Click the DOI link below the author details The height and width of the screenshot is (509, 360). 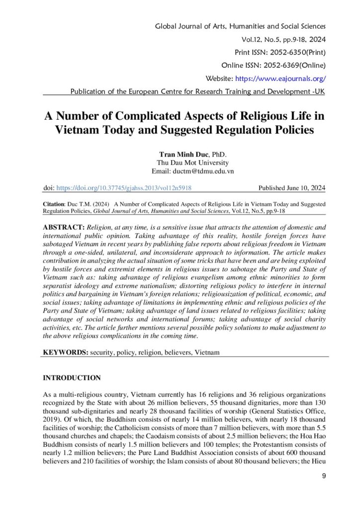pos(124,188)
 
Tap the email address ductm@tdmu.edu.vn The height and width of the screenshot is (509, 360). pos(195,171)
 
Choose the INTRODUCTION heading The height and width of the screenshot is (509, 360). pos(72,378)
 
